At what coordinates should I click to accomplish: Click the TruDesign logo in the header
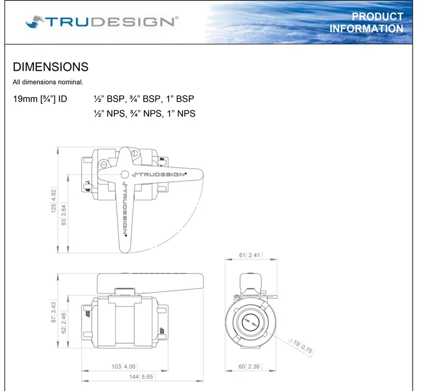pos(101,21)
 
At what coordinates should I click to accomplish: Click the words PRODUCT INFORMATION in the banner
pos(366,23)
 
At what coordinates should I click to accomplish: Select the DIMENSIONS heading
pos(51,67)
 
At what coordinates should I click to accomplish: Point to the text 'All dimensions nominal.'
pos(48,82)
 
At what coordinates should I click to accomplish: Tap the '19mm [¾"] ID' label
pos(40,100)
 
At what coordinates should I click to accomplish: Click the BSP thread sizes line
pos(144,100)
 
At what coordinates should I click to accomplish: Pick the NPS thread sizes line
pos(145,114)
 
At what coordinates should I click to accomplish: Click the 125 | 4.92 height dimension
pos(53,200)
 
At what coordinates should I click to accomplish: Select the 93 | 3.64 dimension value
pos(64,215)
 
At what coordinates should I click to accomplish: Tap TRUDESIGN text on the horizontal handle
pos(160,174)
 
